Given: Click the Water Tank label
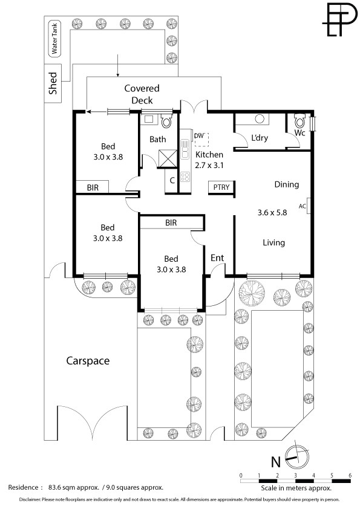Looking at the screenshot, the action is [x=54, y=39].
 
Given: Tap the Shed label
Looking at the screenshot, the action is [x=53, y=83].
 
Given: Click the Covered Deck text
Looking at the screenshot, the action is [x=142, y=94].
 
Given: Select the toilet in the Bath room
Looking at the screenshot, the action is [x=166, y=120].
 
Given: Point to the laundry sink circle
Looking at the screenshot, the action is [x=260, y=118].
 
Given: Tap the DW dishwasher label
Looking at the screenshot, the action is [x=198, y=135].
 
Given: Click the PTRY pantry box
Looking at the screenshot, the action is [x=221, y=187].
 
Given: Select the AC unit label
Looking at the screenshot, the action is [x=302, y=206].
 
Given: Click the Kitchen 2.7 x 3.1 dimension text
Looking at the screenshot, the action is [x=209, y=165].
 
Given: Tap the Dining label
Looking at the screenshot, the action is [x=287, y=184].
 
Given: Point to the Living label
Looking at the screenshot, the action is [x=273, y=242].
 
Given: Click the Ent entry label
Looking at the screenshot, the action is [x=217, y=258].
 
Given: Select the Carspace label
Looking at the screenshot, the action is [x=88, y=361].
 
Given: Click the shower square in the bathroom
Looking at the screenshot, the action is [x=168, y=158].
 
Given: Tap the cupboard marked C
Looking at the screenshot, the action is [x=172, y=181].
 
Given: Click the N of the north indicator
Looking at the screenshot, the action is [x=276, y=461].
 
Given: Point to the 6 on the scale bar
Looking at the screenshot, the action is [x=350, y=475].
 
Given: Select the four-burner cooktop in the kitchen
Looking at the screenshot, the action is [x=185, y=177].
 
